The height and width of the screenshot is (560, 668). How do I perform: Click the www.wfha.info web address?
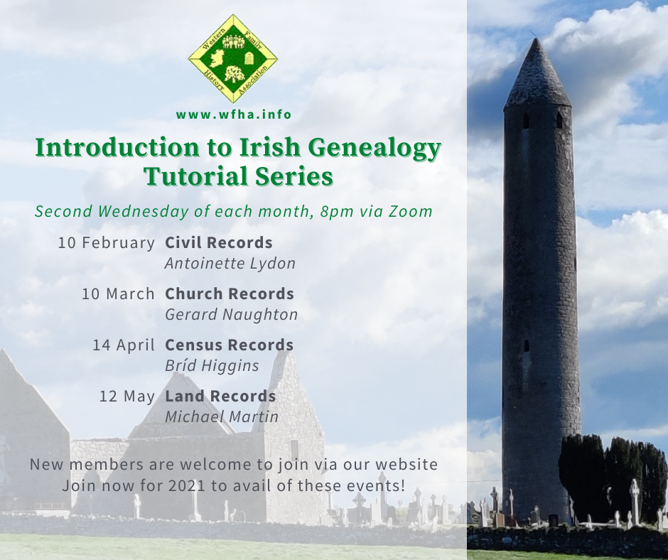(234, 114)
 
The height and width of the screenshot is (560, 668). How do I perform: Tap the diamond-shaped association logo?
(233, 59)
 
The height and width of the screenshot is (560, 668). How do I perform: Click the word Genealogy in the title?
(374, 147)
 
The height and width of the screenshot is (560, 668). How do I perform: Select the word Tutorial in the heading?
(196, 176)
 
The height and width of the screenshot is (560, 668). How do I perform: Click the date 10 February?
(106, 243)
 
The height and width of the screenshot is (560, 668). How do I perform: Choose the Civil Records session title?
(219, 242)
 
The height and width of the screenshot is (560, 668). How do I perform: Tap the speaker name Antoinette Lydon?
(230, 264)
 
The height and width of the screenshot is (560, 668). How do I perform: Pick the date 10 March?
(118, 294)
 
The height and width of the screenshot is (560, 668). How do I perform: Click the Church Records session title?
(230, 294)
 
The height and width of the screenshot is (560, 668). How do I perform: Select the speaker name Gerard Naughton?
(232, 315)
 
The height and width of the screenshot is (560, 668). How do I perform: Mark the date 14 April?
(124, 345)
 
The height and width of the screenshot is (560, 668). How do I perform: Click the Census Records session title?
(230, 345)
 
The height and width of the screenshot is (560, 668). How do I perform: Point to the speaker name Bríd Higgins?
(212, 366)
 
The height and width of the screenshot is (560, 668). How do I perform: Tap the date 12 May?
(127, 397)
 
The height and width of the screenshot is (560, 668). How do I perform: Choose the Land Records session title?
(220, 396)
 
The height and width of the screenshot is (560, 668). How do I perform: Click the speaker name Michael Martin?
(222, 417)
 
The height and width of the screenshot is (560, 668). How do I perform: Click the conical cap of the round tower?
(537, 75)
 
